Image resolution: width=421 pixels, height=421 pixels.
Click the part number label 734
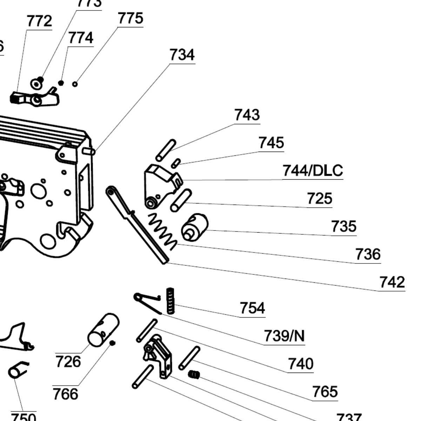[x=182, y=55]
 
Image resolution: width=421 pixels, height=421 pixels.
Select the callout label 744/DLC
[x=312, y=171]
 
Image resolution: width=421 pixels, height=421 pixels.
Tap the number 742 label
[x=392, y=282]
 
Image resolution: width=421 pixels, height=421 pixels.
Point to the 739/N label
[x=284, y=336]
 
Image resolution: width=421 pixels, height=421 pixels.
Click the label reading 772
[x=39, y=21]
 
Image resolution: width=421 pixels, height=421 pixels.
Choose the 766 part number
[x=65, y=394]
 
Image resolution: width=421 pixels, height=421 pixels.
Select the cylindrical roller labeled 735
[x=195, y=227]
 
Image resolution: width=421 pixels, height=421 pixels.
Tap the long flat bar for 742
[x=137, y=225]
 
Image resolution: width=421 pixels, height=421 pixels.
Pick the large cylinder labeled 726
[x=103, y=329]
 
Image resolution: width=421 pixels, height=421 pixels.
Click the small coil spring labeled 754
[x=170, y=301]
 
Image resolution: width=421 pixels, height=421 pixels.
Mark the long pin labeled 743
[x=166, y=150]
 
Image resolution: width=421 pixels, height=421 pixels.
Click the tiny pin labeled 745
[x=176, y=163]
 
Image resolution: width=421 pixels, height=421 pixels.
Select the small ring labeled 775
[x=75, y=84]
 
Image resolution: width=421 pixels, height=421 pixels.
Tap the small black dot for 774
[x=61, y=83]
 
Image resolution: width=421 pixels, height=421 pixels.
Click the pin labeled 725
[x=181, y=200]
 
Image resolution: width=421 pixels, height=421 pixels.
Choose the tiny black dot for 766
[x=113, y=343]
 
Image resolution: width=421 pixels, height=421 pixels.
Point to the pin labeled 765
[x=189, y=358]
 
